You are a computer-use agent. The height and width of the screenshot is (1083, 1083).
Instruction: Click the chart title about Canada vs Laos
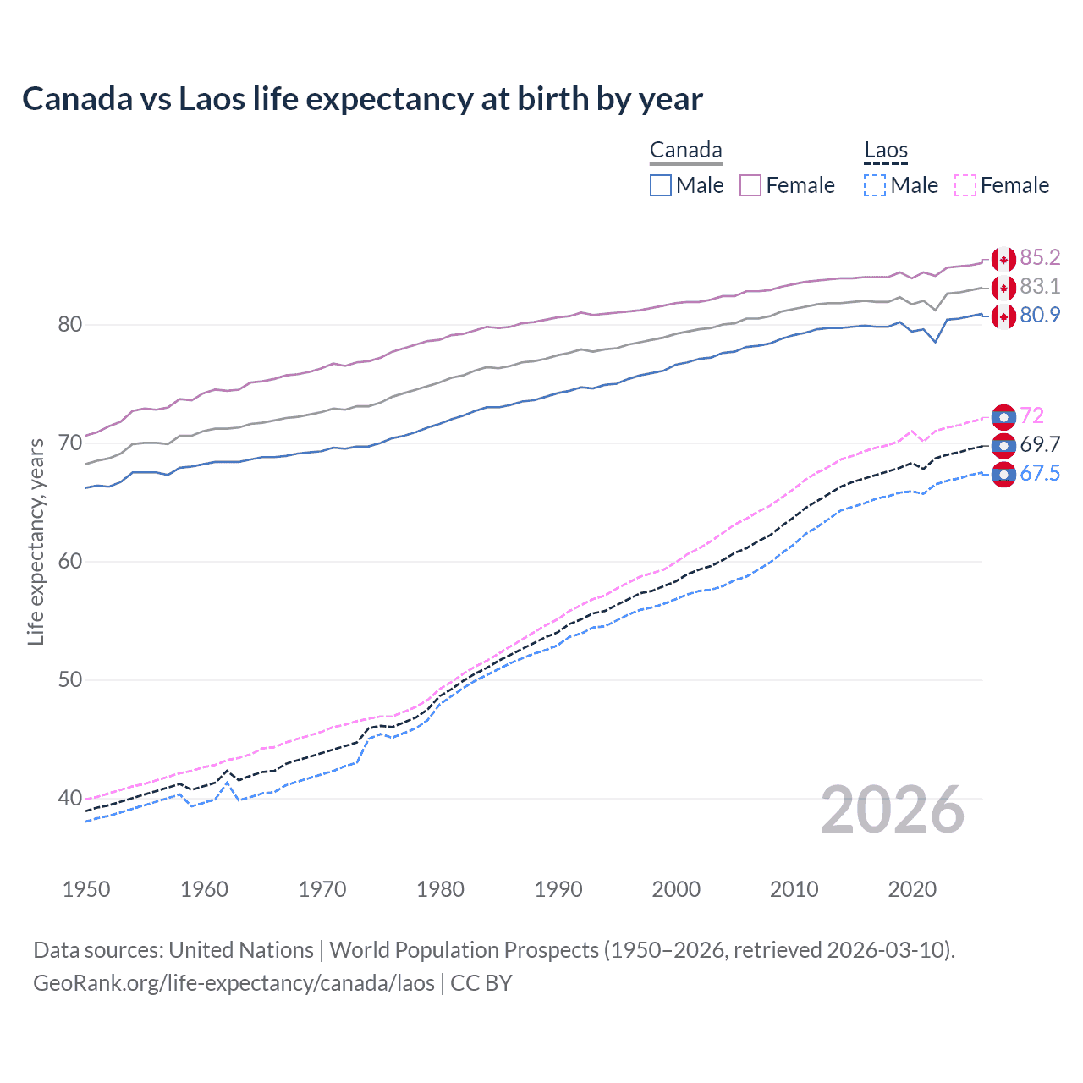point(362,99)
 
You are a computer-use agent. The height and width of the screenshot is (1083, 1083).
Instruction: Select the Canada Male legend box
point(661,185)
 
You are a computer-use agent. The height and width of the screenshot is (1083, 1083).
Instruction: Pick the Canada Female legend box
point(750,185)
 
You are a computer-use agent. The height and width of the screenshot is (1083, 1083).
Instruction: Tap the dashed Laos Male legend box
point(875,185)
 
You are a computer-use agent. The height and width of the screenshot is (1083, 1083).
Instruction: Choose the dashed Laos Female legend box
point(965,185)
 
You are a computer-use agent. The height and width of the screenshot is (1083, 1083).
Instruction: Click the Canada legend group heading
point(685,151)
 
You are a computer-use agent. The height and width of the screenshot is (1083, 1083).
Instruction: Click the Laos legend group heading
point(885,151)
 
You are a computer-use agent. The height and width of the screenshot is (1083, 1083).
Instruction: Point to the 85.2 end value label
point(1040,257)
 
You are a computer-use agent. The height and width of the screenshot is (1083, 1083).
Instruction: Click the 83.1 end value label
point(1040,286)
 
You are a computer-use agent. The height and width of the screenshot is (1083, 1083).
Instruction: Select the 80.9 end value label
point(1040,315)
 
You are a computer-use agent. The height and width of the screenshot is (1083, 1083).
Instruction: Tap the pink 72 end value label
point(1032,415)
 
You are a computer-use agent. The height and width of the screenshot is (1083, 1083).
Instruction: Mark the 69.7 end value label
point(1040,444)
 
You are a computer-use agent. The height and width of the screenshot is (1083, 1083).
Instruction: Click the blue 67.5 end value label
point(1040,473)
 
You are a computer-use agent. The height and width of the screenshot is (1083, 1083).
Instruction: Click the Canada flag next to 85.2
point(1003,259)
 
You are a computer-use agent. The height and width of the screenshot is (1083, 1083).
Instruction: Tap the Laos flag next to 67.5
point(1003,475)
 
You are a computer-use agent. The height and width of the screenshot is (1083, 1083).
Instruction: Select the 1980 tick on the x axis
point(440,889)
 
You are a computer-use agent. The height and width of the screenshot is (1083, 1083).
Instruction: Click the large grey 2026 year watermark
point(893,811)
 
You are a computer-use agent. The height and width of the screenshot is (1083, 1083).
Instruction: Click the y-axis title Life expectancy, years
point(36,541)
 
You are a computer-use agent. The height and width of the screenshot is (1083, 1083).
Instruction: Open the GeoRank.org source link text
point(234,982)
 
